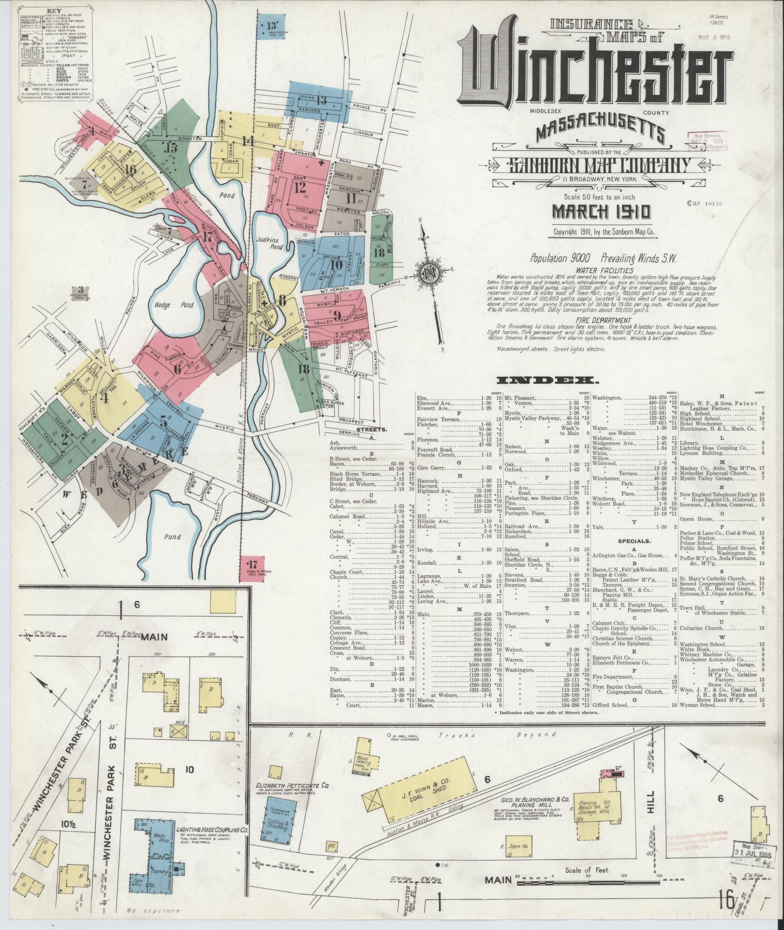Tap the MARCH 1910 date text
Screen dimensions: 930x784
(601, 212)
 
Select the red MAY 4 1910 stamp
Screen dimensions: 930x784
(713, 37)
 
